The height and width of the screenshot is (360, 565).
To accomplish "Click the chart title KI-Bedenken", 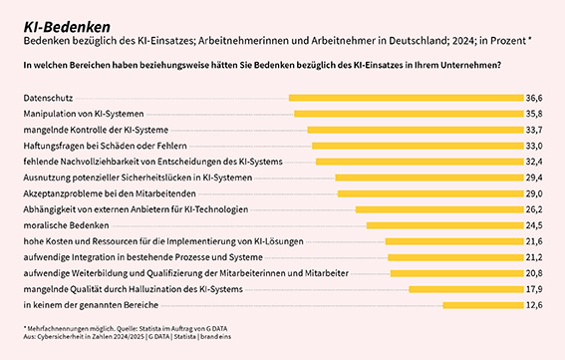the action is (x=67, y=27).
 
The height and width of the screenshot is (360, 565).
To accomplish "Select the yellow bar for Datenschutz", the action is (x=407, y=98).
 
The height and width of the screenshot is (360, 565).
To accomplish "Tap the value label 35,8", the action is (x=534, y=114).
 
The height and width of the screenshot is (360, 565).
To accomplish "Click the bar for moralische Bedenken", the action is (x=445, y=225).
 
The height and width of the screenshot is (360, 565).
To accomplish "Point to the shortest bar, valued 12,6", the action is (x=483, y=305).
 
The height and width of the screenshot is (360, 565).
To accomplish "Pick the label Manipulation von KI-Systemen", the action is (x=84, y=114).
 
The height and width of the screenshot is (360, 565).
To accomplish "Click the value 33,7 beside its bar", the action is (x=534, y=130).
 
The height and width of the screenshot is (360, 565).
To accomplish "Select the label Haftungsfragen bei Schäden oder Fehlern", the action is (x=106, y=146).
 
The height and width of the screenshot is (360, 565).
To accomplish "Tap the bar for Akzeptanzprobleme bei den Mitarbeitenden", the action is (x=430, y=193).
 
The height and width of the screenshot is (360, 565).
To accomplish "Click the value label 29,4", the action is (x=534, y=178).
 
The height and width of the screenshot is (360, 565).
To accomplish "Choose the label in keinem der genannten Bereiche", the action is (x=91, y=305).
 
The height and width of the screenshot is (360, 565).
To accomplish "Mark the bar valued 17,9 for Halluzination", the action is (x=466, y=289).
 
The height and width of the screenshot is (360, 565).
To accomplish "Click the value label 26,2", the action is (x=534, y=209).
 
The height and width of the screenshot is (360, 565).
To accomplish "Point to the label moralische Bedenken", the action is (x=66, y=225).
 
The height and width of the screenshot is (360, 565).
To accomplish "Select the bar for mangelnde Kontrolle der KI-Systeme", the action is (x=416, y=130).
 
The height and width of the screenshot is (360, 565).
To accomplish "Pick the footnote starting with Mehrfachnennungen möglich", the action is (x=126, y=329).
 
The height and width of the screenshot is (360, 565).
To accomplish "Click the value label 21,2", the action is (x=534, y=257).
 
